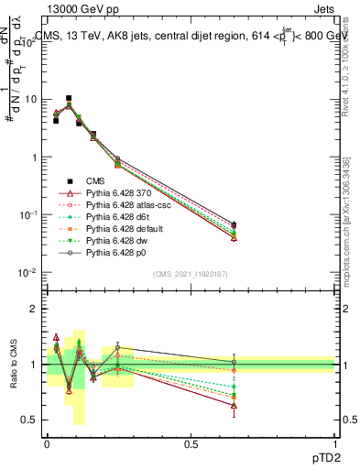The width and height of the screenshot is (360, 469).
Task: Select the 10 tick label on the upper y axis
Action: tap(31, 99)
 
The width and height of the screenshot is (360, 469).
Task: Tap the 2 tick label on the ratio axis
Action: tap(34, 309)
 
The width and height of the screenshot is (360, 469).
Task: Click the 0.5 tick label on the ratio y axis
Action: tap(30, 420)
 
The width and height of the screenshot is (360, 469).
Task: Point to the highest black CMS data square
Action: tap(69, 98)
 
